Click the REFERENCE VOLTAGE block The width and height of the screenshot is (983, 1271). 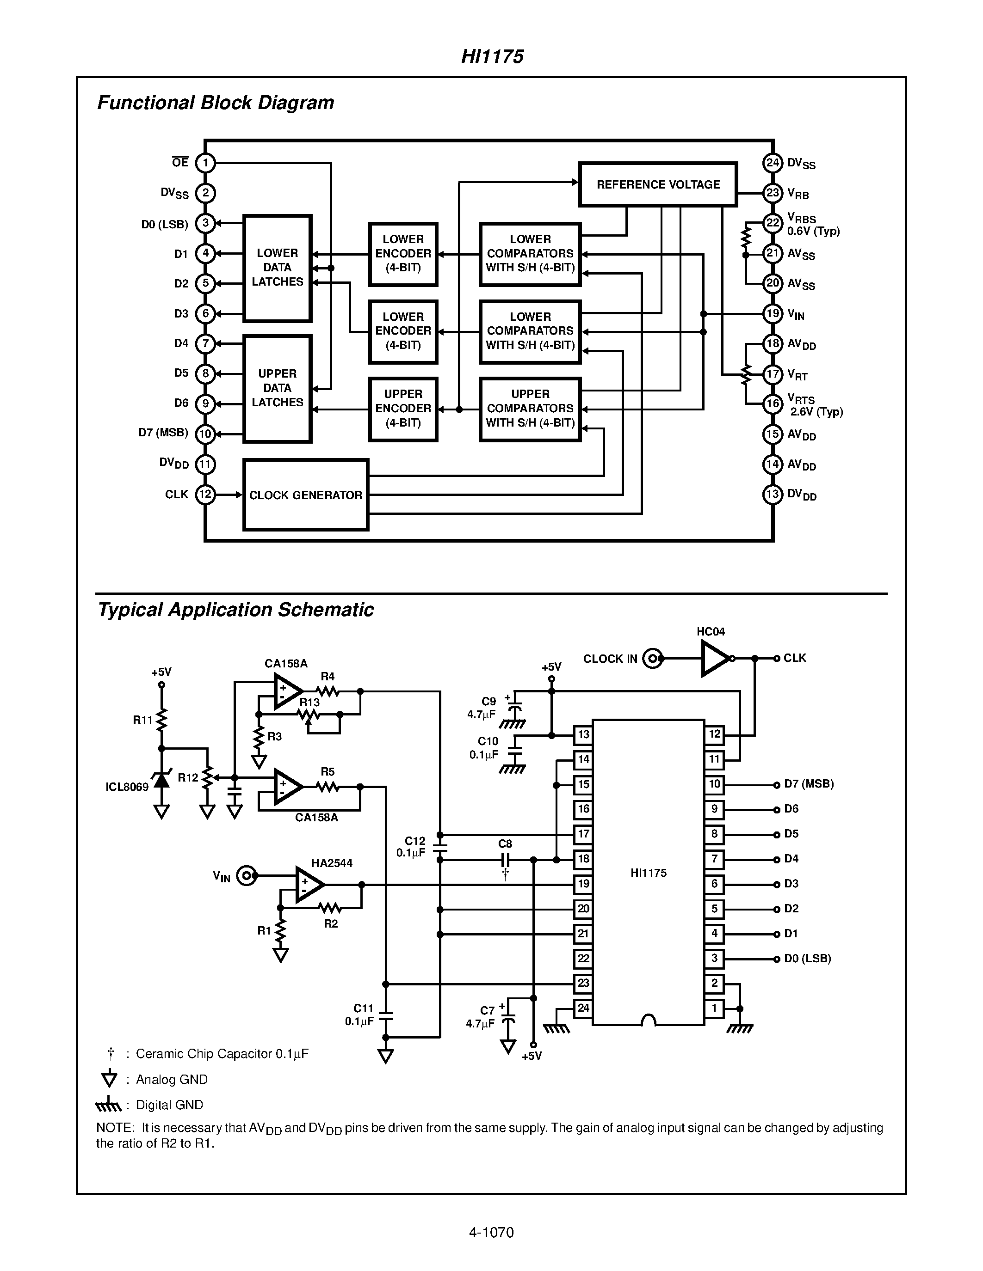point(658,184)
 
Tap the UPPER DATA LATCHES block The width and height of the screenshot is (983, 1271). point(277,388)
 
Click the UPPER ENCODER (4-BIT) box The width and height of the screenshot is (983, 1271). point(403,409)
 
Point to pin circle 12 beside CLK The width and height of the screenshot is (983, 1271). point(205,495)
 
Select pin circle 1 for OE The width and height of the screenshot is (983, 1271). point(205,162)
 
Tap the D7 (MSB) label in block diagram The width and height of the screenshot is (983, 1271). point(163,433)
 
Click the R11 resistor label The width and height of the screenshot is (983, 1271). point(142,720)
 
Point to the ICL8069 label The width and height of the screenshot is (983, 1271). point(127,788)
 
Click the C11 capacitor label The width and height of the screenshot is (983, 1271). point(364,1008)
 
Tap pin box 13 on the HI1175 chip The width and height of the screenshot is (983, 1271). point(583,734)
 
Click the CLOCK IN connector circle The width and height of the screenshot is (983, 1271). point(653,659)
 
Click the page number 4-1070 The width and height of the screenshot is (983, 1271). point(491,1232)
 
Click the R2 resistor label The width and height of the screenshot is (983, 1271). point(331,923)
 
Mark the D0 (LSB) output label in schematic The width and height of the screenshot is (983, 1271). point(807,959)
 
